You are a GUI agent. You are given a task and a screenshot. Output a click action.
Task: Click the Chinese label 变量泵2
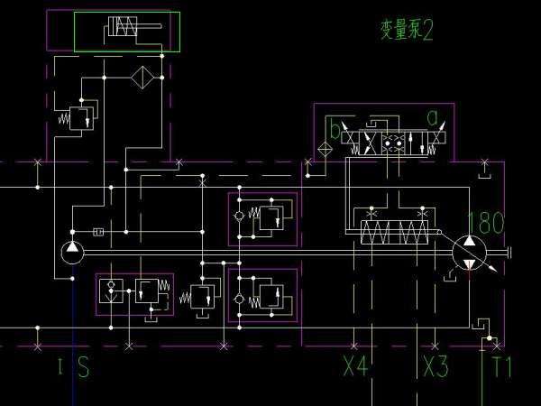coord(406,31)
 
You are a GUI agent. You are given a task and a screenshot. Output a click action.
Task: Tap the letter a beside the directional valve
coord(433,117)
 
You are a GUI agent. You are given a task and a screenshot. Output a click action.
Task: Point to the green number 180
coord(486,222)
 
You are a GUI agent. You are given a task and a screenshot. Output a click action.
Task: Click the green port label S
coord(83,367)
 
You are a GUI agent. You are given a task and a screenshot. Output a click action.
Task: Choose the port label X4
coord(355,367)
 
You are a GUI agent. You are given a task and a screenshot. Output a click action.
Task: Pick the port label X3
coord(436,367)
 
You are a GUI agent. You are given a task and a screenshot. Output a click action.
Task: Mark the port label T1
coord(501,367)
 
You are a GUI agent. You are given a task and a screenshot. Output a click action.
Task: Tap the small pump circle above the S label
coord(72,252)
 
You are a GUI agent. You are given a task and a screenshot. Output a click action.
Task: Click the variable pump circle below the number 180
coord(469,252)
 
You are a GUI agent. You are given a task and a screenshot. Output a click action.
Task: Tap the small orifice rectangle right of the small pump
coord(97,232)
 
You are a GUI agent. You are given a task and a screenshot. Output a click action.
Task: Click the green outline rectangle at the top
coord(127,32)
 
